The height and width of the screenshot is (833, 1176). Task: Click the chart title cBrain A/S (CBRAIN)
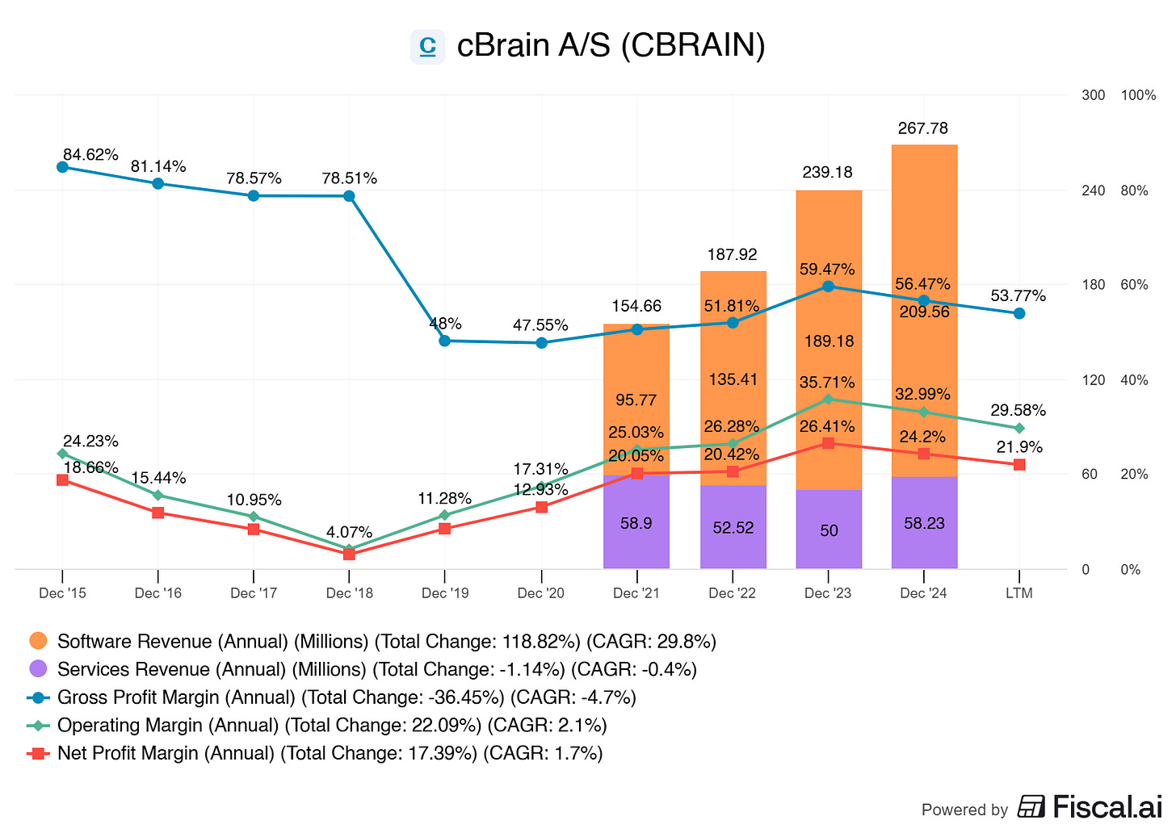[x=611, y=45]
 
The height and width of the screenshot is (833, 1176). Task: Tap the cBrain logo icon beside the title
[x=427, y=46]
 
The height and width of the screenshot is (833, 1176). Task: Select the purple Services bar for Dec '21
[x=636, y=522]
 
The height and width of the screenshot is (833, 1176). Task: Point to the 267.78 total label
[x=923, y=128]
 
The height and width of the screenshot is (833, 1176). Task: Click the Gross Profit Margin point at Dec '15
[x=62, y=167]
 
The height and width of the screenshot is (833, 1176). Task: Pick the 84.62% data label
[x=90, y=154]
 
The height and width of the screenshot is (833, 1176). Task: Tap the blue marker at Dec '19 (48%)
[x=445, y=341]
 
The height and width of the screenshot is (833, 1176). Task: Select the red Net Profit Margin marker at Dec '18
[x=349, y=555]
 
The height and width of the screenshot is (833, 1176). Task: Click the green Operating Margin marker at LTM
[x=1019, y=428]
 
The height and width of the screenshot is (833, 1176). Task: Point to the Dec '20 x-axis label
[x=540, y=593]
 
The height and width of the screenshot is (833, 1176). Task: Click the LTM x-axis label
[x=1019, y=593]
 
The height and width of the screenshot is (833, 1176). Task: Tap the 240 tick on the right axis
[x=1093, y=190]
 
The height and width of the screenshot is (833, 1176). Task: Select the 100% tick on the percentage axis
[x=1138, y=95]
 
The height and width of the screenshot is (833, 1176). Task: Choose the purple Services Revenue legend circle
[x=38, y=669]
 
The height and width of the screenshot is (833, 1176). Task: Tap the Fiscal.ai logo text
[x=1107, y=807]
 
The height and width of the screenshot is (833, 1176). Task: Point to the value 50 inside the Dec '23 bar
[x=829, y=530]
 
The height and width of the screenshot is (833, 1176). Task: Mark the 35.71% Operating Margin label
[x=827, y=382]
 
